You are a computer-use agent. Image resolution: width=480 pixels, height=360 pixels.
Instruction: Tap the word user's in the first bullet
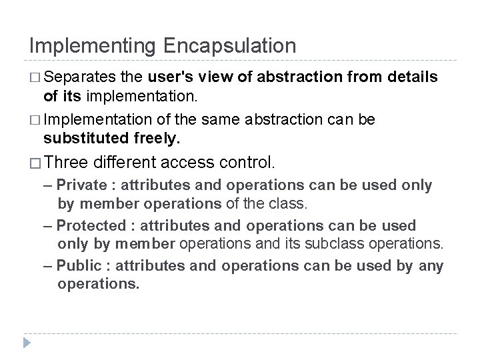(x=170, y=78)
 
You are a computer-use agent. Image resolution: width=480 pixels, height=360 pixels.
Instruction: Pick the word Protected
(x=89, y=226)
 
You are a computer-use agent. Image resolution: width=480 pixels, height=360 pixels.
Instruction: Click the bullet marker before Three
(x=36, y=162)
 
